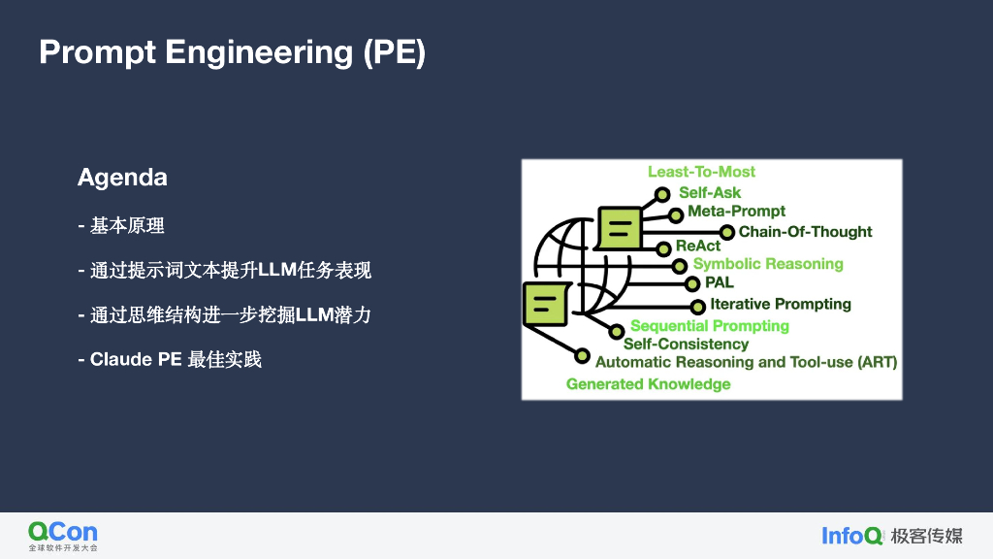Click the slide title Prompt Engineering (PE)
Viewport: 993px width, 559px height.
(232, 51)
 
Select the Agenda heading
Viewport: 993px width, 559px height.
(122, 178)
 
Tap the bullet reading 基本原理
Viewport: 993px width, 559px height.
(121, 226)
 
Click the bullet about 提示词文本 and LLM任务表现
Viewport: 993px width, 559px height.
(225, 271)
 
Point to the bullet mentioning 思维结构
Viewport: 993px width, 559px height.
(225, 315)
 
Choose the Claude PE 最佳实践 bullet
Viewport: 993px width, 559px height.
(170, 360)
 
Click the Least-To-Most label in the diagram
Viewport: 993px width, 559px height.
(701, 172)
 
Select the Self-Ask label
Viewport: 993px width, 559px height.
(710, 192)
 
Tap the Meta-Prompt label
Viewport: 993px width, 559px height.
(736, 212)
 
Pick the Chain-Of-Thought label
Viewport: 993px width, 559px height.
(805, 232)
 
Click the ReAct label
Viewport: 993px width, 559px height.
(698, 247)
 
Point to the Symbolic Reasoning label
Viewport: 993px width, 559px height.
(768, 264)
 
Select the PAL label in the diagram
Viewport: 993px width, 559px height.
(720, 283)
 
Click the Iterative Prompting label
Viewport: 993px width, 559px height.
(780, 305)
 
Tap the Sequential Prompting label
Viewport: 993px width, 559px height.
(710, 326)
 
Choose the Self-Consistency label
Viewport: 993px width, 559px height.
(686, 344)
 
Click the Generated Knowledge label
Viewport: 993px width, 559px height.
(648, 384)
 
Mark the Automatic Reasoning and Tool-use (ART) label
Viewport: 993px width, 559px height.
(746, 362)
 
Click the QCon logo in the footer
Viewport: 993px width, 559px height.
(63, 535)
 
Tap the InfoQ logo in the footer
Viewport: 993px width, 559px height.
(852, 536)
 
